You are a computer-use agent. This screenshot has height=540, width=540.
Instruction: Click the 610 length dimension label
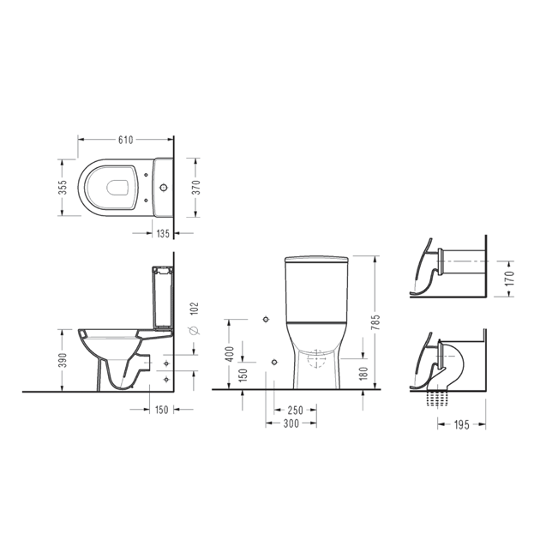[125, 140]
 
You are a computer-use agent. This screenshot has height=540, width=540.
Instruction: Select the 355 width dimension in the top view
[63, 188]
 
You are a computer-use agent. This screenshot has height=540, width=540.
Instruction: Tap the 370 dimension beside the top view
[196, 188]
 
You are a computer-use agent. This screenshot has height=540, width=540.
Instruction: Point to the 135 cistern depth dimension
[163, 233]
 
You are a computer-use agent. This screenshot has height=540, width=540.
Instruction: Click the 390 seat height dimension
[63, 360]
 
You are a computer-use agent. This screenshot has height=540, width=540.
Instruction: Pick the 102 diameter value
[195, 309]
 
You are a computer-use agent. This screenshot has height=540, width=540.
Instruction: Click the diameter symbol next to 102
[195, 330]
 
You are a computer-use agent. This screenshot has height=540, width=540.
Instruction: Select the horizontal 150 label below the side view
[161, 410]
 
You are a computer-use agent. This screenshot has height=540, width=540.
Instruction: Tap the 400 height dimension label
[230, 354]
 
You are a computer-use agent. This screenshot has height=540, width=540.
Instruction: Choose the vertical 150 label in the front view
[243, 375]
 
